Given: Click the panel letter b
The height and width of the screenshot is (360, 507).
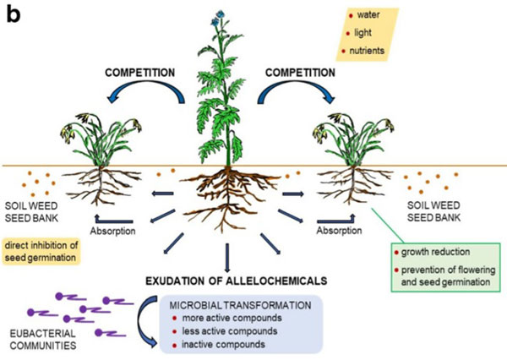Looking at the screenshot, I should coord(14,14).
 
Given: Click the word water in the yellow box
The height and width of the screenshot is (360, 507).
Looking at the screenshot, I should coord(368,15).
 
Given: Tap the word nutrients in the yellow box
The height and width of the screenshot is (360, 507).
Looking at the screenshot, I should coord(375,51).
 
